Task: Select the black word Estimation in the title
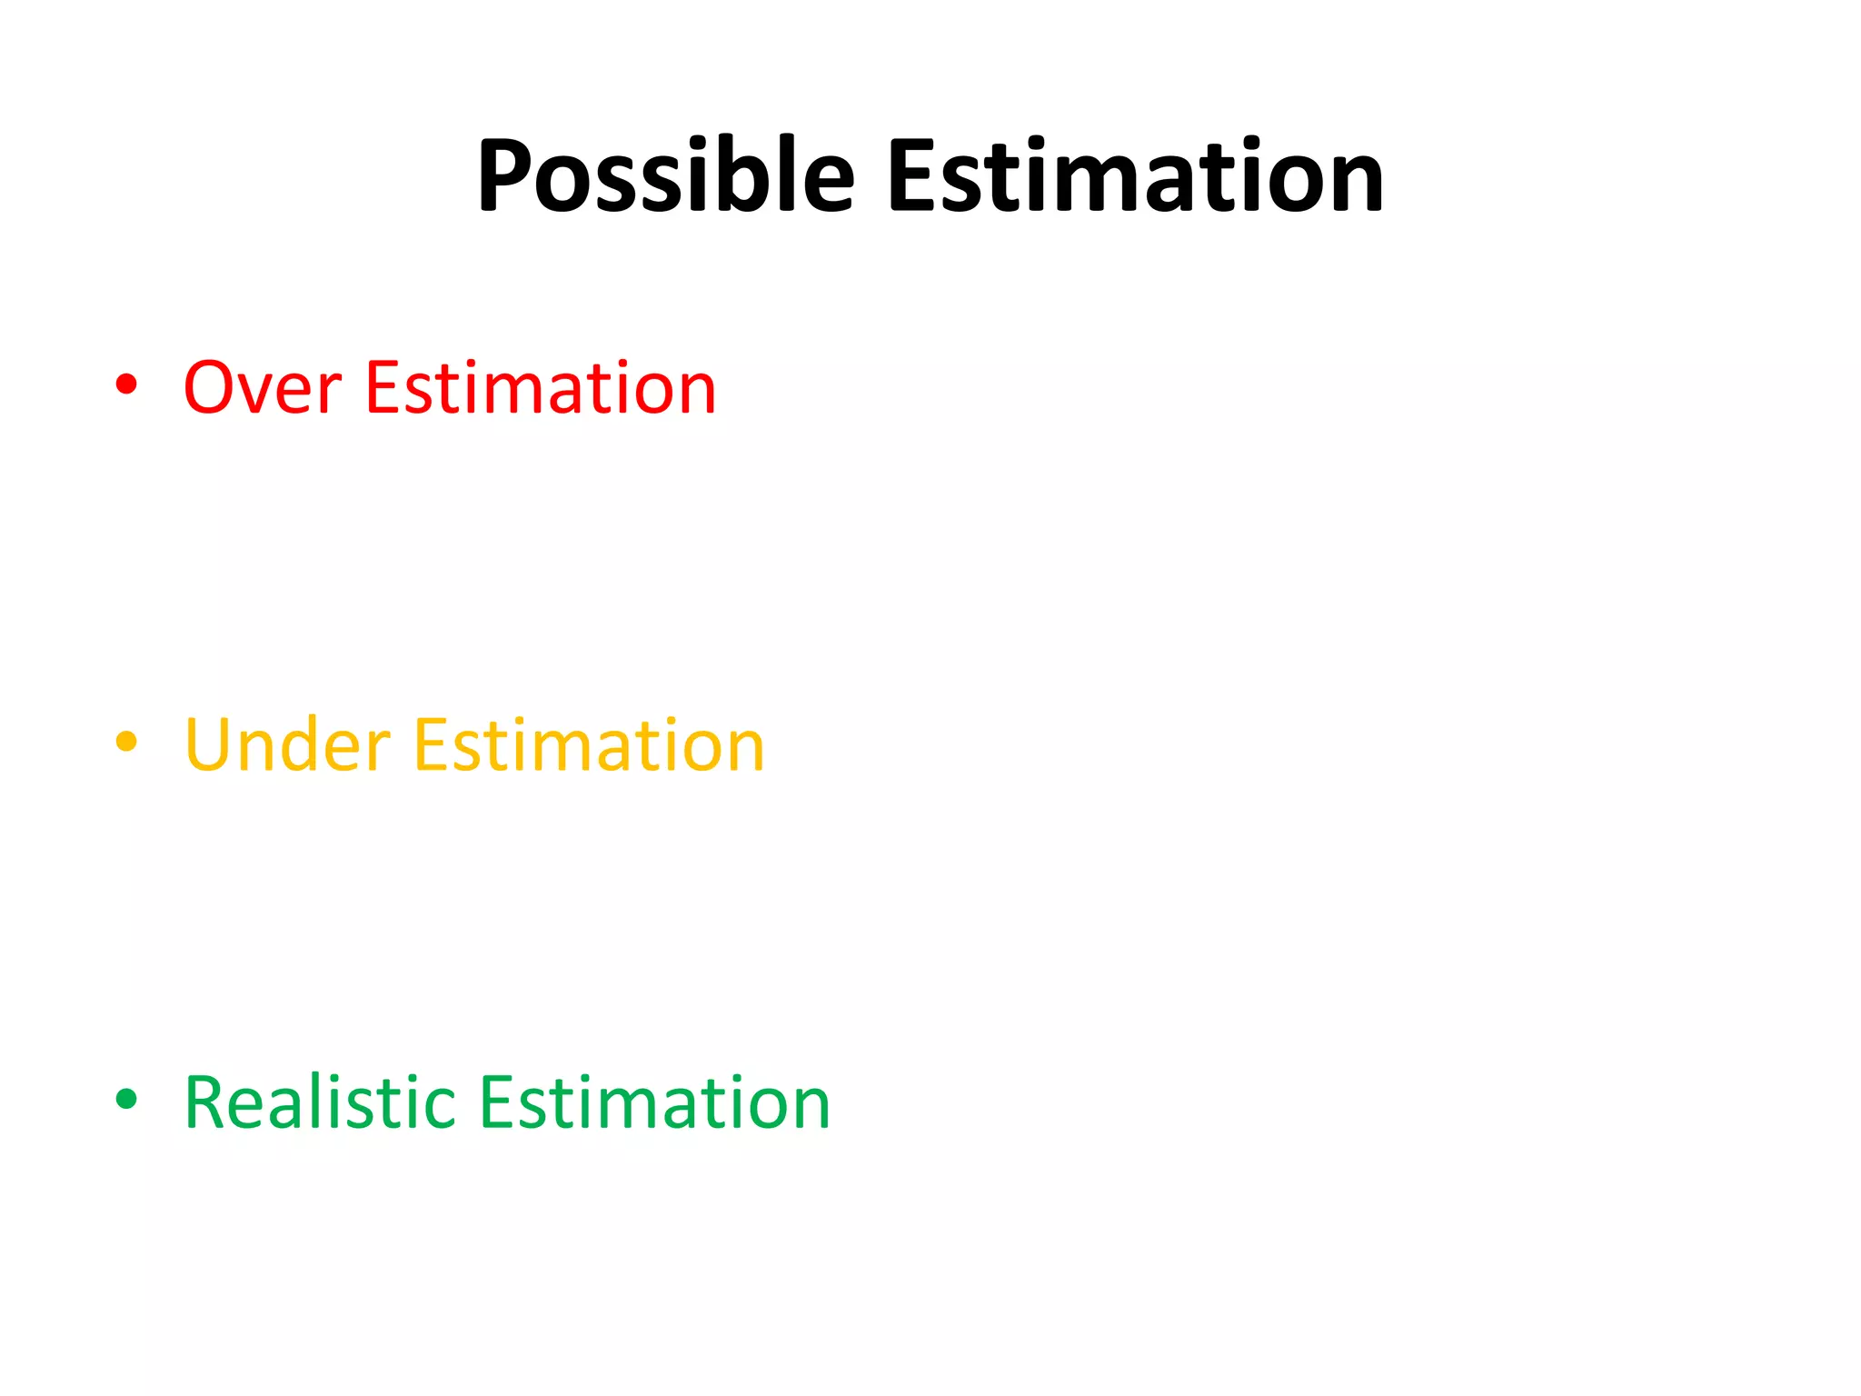[x=1135, y=175]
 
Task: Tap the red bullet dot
[x=126, y=384]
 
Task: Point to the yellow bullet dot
[x=126, y=742]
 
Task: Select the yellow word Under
[x=287, y=745]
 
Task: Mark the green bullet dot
[x=126, y=1099]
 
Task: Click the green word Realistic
[x=320, y=1102]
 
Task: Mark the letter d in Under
[x=311, y=745]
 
